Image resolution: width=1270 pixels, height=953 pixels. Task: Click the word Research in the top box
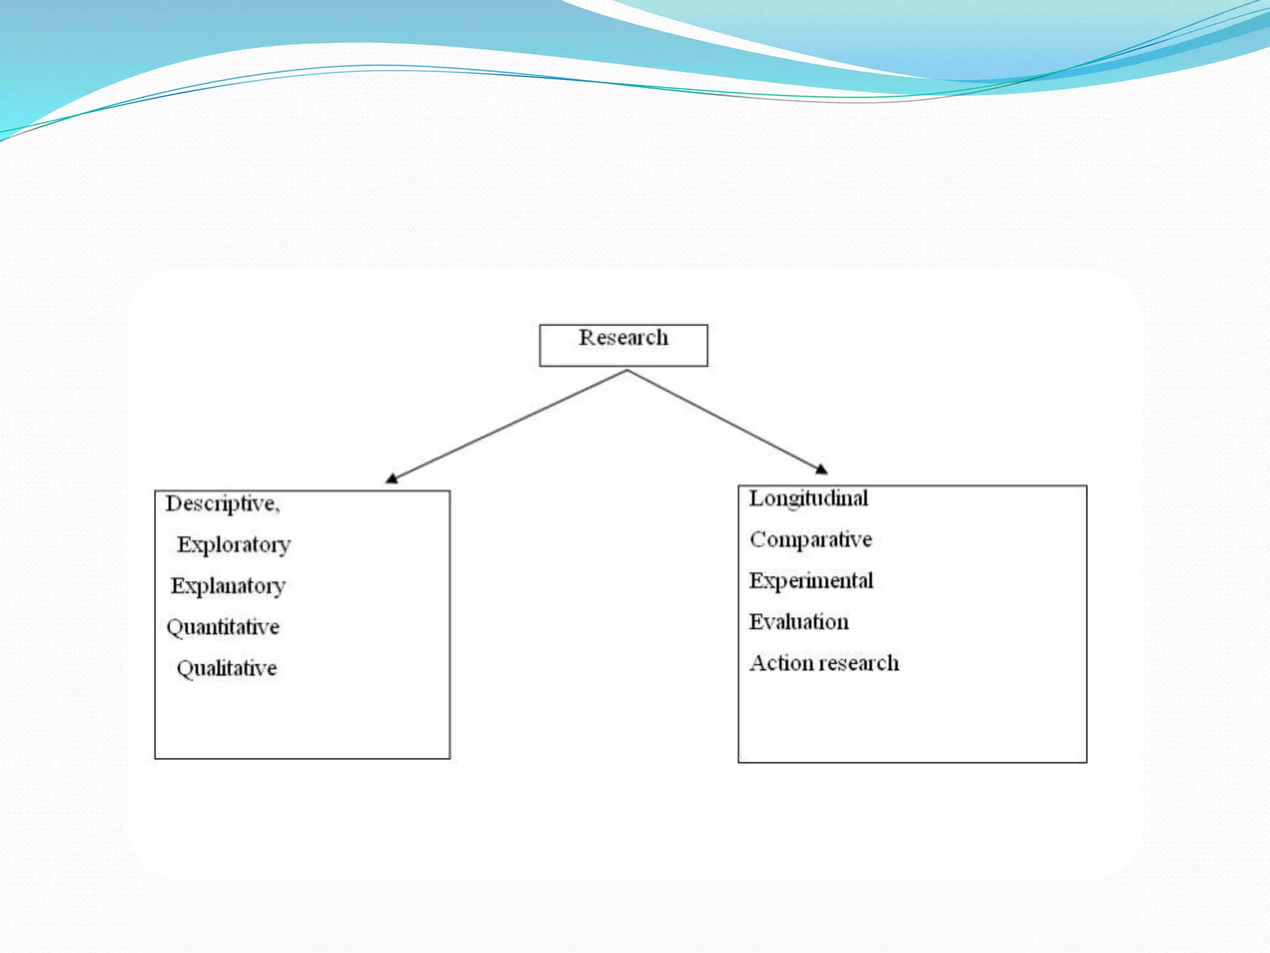coord(623,338)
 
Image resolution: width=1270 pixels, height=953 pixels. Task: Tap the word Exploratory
coord(234,545)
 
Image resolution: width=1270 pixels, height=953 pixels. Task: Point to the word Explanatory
coord(228,586)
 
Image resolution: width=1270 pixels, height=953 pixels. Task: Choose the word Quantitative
coord(223,627)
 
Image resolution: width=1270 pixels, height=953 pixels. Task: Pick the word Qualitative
coord(227,668)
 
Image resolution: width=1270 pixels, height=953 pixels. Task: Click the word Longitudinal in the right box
coord(809,498)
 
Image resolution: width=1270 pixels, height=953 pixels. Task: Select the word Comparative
coord(811,539)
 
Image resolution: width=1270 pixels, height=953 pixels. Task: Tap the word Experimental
coord(811,581)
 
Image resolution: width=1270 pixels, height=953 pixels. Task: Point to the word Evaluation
coord(799,622)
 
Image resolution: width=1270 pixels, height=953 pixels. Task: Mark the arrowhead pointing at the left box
coord(392,478)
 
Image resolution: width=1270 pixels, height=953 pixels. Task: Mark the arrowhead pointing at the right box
coord(821,469)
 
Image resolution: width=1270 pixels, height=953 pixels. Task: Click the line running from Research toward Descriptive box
coord(508,424)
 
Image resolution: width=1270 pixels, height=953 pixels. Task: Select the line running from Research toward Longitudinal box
coord(722,419)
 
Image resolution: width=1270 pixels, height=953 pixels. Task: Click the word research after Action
coord(855,663)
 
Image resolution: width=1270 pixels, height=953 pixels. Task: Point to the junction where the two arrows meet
coord(627,371)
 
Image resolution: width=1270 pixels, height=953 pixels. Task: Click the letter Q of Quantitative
coord(174,628)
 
